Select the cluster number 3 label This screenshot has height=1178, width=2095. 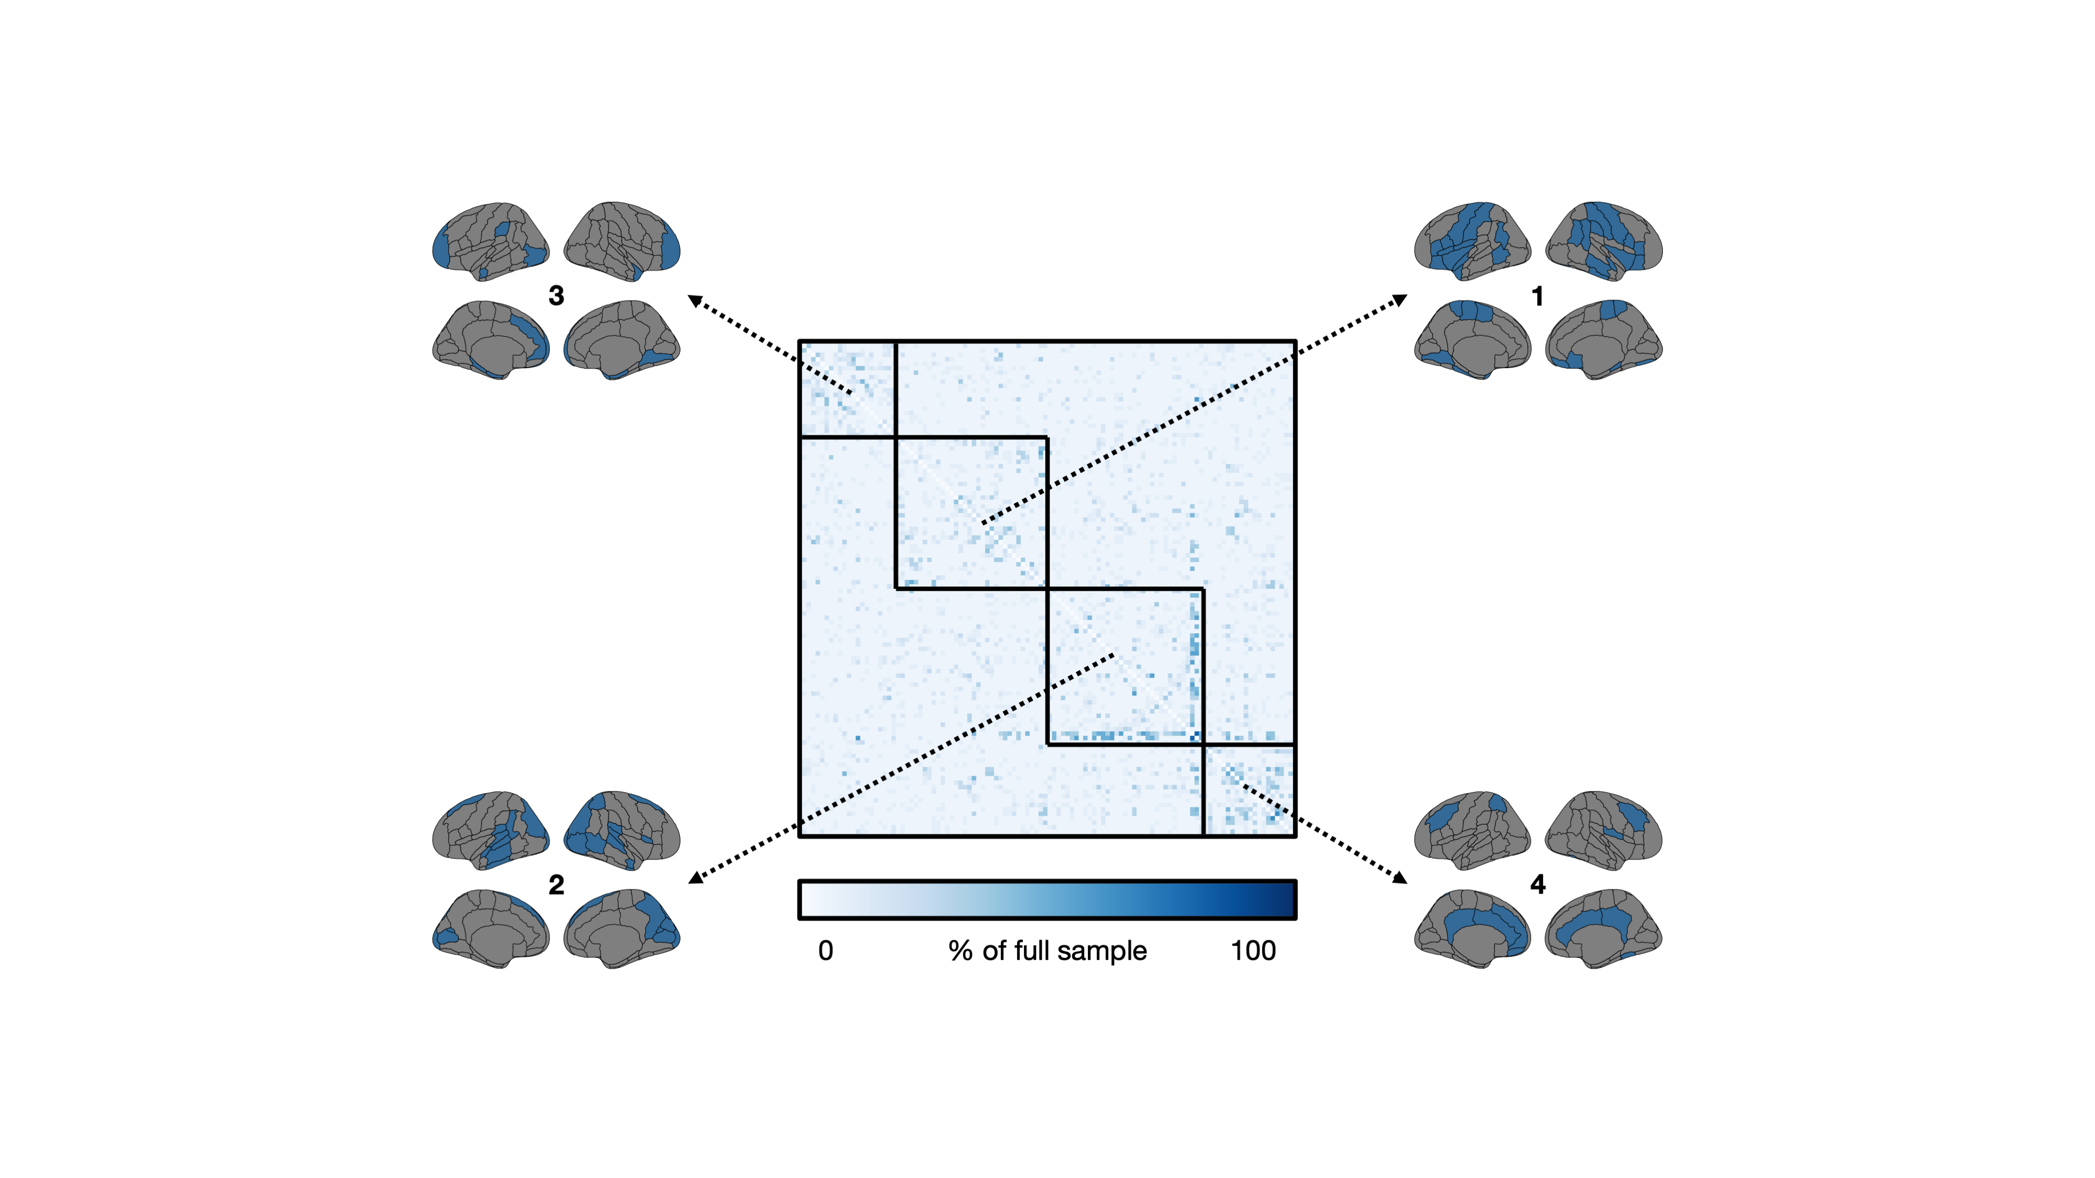556,295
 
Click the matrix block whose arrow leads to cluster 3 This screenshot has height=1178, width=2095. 847,389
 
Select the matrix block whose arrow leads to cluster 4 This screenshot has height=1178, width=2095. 1249,790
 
